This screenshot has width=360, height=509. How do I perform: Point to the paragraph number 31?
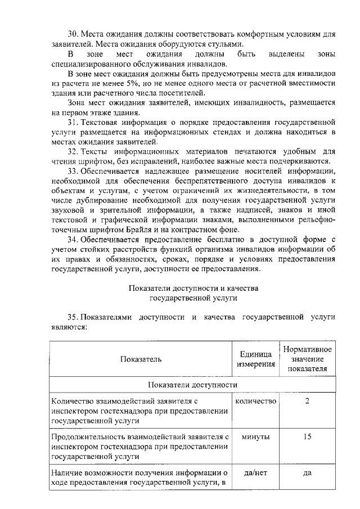73,121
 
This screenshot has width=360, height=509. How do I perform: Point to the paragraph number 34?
73,238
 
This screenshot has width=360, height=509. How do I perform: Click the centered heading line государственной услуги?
193,297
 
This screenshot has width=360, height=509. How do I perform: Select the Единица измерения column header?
256,359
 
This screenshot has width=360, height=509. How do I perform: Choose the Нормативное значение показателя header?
307,359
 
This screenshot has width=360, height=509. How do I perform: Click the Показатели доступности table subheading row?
192,385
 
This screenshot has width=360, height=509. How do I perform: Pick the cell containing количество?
256,401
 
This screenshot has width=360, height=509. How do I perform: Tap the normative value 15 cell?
307,436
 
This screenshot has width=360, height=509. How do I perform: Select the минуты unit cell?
256,436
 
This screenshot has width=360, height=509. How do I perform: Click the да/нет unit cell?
256,472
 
